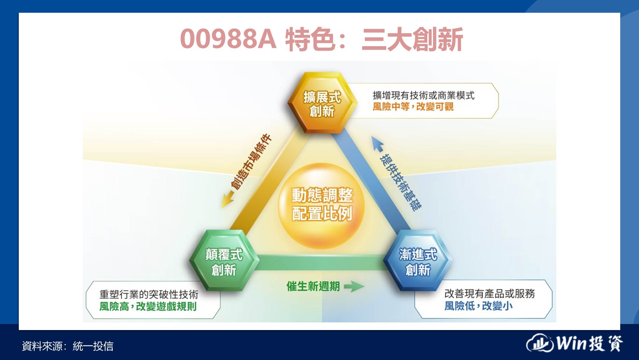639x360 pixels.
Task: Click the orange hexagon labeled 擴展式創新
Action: (x=322, y=103)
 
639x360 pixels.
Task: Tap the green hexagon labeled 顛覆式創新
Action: (x=224, y=261)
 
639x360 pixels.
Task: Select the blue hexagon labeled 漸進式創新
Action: (x=418, y=261)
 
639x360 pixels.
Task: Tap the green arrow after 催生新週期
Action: (x=354, y=286)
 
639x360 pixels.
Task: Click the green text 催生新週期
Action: (x=313, y=286)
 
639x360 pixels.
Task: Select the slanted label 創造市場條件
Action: (x=251, y=162)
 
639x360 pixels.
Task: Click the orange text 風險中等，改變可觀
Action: (x=413, y=107)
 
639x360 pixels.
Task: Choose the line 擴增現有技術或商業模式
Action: (x=423, y=95)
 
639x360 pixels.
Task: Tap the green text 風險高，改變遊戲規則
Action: (x=148, y=306)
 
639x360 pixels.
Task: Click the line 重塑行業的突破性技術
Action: (x=149, y=294)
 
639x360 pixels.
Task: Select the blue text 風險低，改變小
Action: (x=478, y=306)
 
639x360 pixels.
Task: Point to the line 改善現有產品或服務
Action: (x=490, y=293)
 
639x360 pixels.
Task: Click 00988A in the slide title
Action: (x=228, y=39)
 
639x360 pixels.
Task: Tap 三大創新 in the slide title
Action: (x=412, y=39)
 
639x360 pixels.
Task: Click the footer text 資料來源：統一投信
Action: (x=67, y=346)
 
